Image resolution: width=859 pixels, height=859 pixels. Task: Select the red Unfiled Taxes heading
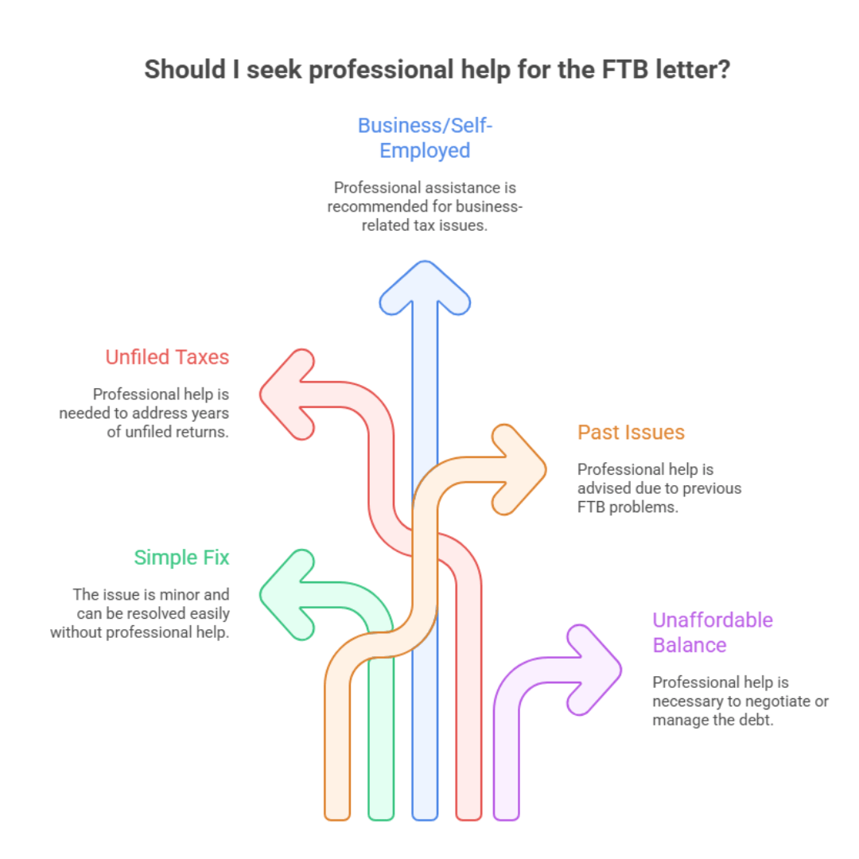coord(167,357)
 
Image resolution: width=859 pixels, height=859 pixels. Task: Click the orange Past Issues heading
coord(631,433)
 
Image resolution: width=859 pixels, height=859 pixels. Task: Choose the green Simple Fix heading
coord(181,558)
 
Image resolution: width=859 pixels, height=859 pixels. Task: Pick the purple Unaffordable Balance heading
coord(702,632)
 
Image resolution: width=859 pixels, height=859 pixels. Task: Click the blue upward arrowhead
coord(425,289)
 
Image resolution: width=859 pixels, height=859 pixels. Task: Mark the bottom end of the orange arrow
coord(337,810)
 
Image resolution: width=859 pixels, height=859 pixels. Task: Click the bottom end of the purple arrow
coord(506,810)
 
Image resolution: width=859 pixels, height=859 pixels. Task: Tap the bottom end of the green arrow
coord(381,810)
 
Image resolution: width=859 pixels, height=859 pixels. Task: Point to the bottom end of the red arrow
coord(468,810)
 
